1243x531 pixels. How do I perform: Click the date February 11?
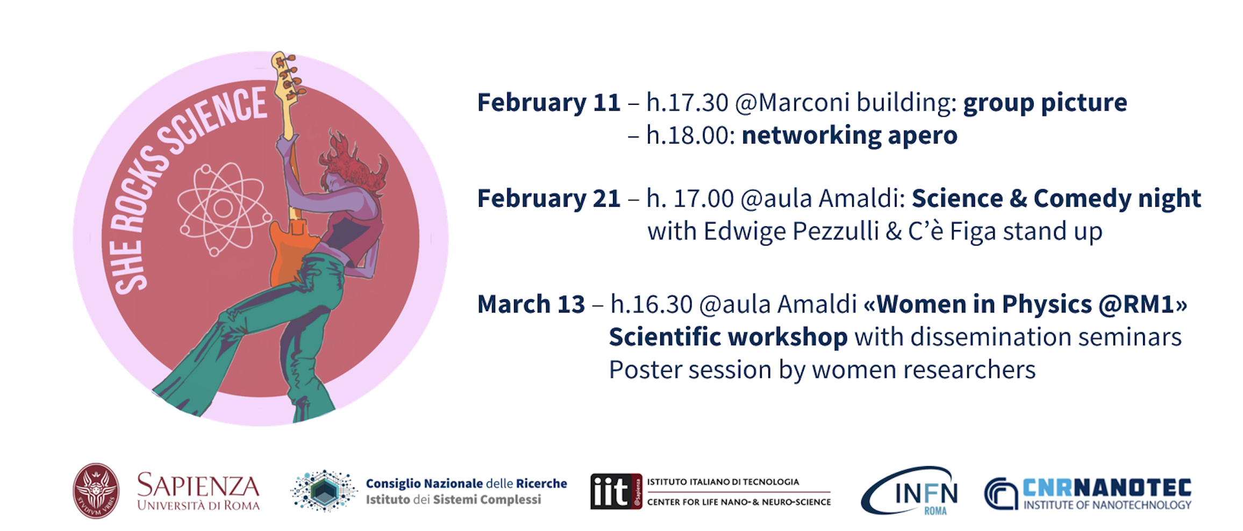pos(549,103)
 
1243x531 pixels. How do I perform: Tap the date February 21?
pos(549,198)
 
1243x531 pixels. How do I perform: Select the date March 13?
pos(531,304)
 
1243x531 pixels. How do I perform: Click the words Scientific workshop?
pos(728,338)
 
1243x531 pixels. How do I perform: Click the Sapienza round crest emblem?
pos(96,491)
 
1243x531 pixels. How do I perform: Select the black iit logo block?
pos(616,491)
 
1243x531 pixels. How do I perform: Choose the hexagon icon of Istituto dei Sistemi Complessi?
pos(324,491)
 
